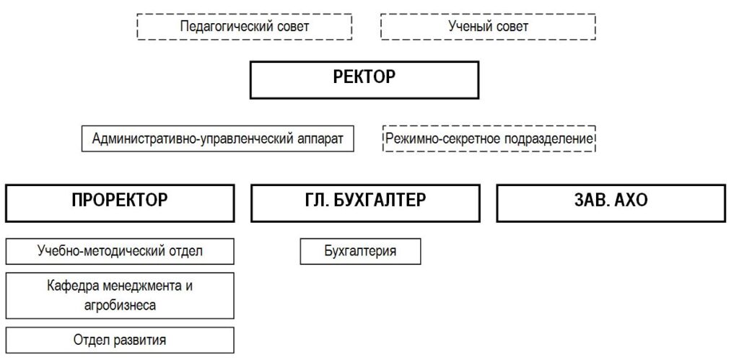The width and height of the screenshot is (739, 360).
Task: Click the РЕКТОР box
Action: pos(364,79)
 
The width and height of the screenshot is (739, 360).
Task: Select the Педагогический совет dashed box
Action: pos(245,27)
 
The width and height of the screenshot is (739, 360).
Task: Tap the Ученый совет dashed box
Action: pos(489,27)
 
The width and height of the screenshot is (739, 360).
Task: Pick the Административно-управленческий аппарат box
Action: pos(218,139)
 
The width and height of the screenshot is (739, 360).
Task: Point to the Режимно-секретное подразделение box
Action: pos(489,139)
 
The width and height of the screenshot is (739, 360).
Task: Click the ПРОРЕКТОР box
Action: pos(120,203)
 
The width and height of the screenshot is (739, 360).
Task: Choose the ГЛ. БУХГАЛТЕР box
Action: pos(365,203)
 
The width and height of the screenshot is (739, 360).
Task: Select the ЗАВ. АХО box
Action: pos(611,203)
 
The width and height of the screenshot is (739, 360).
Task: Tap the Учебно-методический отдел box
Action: pos(120,251)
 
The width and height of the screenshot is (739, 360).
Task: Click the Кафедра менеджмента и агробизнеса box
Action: pos(120,296)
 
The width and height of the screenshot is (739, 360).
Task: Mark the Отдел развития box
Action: pos(120,341)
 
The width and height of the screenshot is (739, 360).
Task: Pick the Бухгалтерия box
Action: pos(361,251)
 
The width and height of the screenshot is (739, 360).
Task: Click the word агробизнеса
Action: pos(120,305)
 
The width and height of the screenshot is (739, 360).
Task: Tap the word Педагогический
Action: pos(227,27)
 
